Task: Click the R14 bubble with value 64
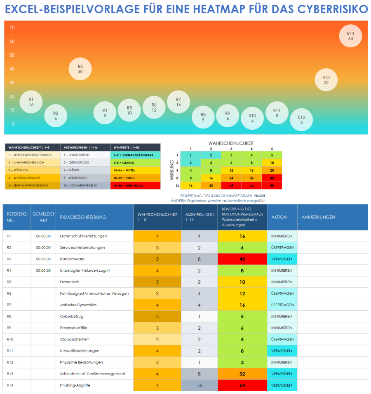[x=350, y=36]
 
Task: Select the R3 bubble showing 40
[x=80, y=69]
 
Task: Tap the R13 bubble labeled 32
[x=326, y=79]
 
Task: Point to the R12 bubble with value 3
[x=301, y=119]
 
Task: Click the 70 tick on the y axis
[x=12, y=28]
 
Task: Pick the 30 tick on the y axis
[x=12, y=82]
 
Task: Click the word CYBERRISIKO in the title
[x=332, y=9]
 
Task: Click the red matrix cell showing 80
[x=272, y=186]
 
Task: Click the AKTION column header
[x=279, y=217]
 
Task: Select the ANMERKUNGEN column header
[x=318, y=217]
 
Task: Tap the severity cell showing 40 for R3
[x=242, y=259]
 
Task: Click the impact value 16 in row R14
[x=199, y=385]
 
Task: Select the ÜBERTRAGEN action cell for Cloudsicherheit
[x=282, y=339]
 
